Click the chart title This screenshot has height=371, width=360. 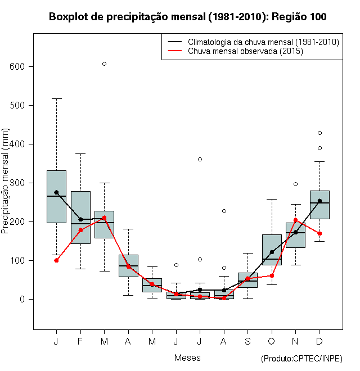187,17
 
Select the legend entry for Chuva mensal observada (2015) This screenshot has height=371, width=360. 245,52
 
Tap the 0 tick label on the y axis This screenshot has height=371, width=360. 22,299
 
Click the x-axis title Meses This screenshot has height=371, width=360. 187,358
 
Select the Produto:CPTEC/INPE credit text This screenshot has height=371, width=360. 301,359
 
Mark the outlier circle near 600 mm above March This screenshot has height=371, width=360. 104,64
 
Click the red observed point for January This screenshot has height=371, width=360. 56,260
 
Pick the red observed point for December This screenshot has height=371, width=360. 319,233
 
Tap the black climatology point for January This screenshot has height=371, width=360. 56,192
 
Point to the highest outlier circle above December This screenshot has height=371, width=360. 319,133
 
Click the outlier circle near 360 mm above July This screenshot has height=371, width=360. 200,159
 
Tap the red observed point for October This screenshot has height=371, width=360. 272,275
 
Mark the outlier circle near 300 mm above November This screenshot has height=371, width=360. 295,184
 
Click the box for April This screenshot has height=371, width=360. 128,265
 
